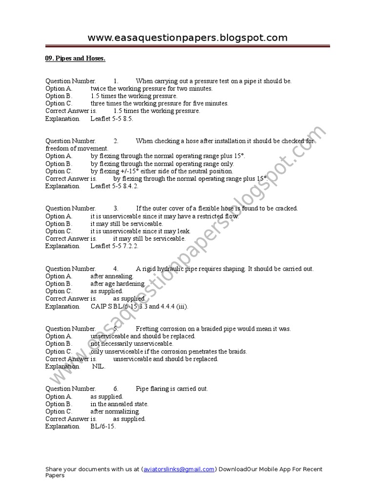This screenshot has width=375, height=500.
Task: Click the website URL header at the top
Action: [x=187, y=38]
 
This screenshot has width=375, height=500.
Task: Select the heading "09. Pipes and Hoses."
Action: [x=75, y=59]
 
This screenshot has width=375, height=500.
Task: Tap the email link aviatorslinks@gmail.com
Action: [x=178, y=469]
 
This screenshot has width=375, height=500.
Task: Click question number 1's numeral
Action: [x=116, y=81]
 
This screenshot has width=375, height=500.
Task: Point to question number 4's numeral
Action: [x=116, y=269]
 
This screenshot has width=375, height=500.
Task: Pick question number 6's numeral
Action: [x=116, y=389]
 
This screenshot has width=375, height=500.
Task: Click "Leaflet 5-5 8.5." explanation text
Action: [x=112, y=119]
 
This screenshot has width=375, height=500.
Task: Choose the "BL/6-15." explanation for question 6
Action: [x=103, y=426]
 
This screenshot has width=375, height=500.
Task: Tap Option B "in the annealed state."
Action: [x=120, y=404]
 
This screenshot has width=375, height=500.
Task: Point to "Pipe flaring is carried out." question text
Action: [x=172, y=389]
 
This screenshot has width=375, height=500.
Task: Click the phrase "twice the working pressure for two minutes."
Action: [x=151, y=88]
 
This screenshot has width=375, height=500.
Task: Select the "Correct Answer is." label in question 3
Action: [x=71, y=239]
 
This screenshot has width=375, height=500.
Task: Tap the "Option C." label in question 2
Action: [x=59, y=171]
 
